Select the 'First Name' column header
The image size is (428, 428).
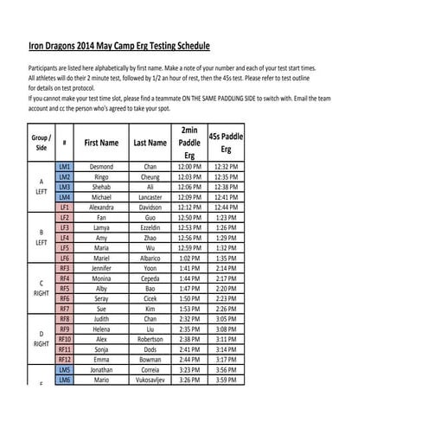101,143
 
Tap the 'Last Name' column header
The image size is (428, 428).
150,143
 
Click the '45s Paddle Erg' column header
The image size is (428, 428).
225,143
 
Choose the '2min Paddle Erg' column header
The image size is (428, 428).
188,143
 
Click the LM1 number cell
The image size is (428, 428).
64,165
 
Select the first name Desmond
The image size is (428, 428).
101,165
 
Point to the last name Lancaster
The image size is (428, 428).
150,197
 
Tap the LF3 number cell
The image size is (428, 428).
64,227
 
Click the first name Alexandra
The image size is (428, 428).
101,208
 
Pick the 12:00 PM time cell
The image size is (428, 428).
188,165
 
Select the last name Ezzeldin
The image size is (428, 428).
150,227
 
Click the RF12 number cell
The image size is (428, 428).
64,359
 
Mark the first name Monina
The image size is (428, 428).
101,278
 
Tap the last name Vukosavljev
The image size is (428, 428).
150,379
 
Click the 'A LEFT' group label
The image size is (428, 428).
40,186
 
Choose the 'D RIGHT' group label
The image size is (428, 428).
40,338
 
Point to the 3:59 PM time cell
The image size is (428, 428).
225,379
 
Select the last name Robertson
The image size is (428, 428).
150,339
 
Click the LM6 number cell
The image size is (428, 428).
64,379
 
